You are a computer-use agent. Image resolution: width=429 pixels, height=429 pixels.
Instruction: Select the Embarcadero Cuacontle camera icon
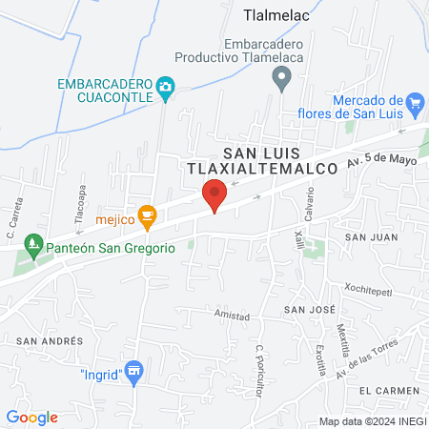(x=165, y=88)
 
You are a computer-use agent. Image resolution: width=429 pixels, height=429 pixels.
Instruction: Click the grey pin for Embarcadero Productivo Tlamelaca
(x=280, y=79)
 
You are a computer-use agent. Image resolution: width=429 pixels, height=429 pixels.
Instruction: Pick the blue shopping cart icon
(x=414, y=102)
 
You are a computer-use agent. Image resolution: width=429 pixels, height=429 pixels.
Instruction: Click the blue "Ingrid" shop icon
(x=133, y=374)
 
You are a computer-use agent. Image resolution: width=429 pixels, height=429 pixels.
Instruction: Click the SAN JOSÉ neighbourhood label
(x=308, y=310)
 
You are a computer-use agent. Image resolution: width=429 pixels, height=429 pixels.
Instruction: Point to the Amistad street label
(x=232, y=316)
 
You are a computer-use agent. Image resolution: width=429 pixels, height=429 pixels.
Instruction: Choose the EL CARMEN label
(x=388, y=391)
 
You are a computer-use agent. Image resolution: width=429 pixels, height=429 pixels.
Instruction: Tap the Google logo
(x=32, y=417)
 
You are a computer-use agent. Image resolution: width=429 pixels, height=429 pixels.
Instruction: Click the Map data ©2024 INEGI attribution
(x=371, y=421)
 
